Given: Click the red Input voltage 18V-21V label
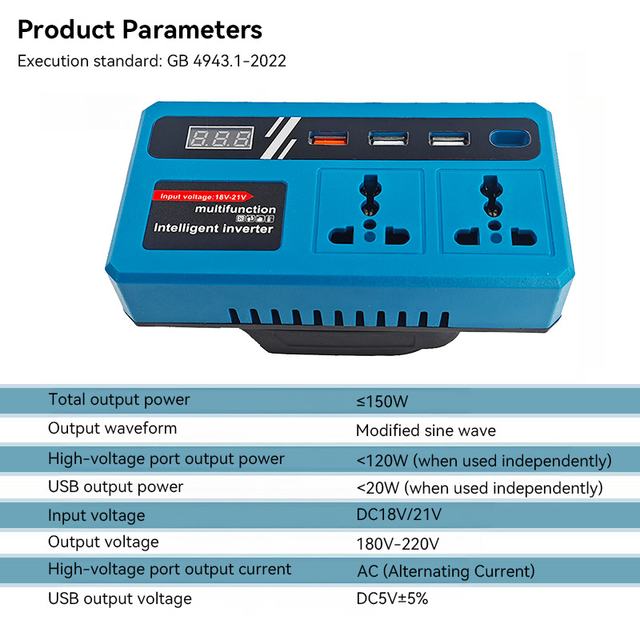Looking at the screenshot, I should pos(204,195).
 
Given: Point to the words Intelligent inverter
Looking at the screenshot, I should pos(213,229).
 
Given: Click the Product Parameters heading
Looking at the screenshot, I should pos(140,30).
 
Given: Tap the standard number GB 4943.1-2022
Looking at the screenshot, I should pos(226,61).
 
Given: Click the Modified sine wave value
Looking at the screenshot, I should pos(426,430).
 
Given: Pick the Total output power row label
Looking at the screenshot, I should pos(119,399).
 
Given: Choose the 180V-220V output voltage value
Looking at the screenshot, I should pos(398,545).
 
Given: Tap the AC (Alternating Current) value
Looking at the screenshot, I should pos(446,571).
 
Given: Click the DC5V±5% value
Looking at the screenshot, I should pos(392,598).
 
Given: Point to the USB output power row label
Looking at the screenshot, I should pos(116,486).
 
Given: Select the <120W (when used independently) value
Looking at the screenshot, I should pos(484,460).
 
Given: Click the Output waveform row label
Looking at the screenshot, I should pos(113,428).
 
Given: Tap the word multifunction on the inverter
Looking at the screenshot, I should pos(235,210).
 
